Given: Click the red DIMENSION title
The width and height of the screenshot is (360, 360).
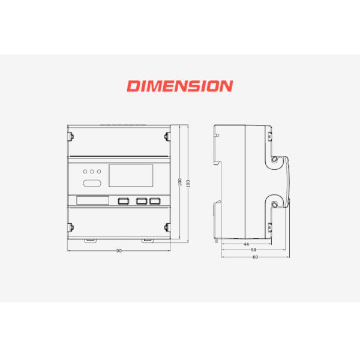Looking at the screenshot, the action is (x=180, y=86).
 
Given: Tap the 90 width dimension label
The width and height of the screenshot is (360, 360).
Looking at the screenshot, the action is (x=119, y=251).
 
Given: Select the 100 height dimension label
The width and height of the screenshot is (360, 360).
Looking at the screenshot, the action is (x=180, y=182).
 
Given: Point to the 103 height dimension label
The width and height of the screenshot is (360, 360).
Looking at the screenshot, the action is (x=188, y=184).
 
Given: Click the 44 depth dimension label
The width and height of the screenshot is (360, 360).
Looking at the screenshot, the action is (x=246, y=244).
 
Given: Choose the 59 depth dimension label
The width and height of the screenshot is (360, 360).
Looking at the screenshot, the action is (x=253, y=250).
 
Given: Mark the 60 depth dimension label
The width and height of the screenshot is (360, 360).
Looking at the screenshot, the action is (x=256, y=257).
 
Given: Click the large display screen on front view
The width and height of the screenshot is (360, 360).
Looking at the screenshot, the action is (x=131, y=176).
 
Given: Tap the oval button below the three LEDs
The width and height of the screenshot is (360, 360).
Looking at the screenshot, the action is (x=92, y=183).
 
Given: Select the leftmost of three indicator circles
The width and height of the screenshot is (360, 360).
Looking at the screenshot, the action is (x=85, y=172).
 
